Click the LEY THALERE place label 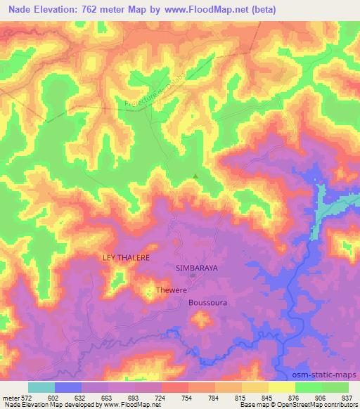(127, 258)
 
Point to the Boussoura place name (209, 303)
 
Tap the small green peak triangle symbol (195, 176)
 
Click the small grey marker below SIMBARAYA (192, 276)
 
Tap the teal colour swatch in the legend (41, 387)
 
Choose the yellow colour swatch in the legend (282, 387)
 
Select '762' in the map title (96, 10)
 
